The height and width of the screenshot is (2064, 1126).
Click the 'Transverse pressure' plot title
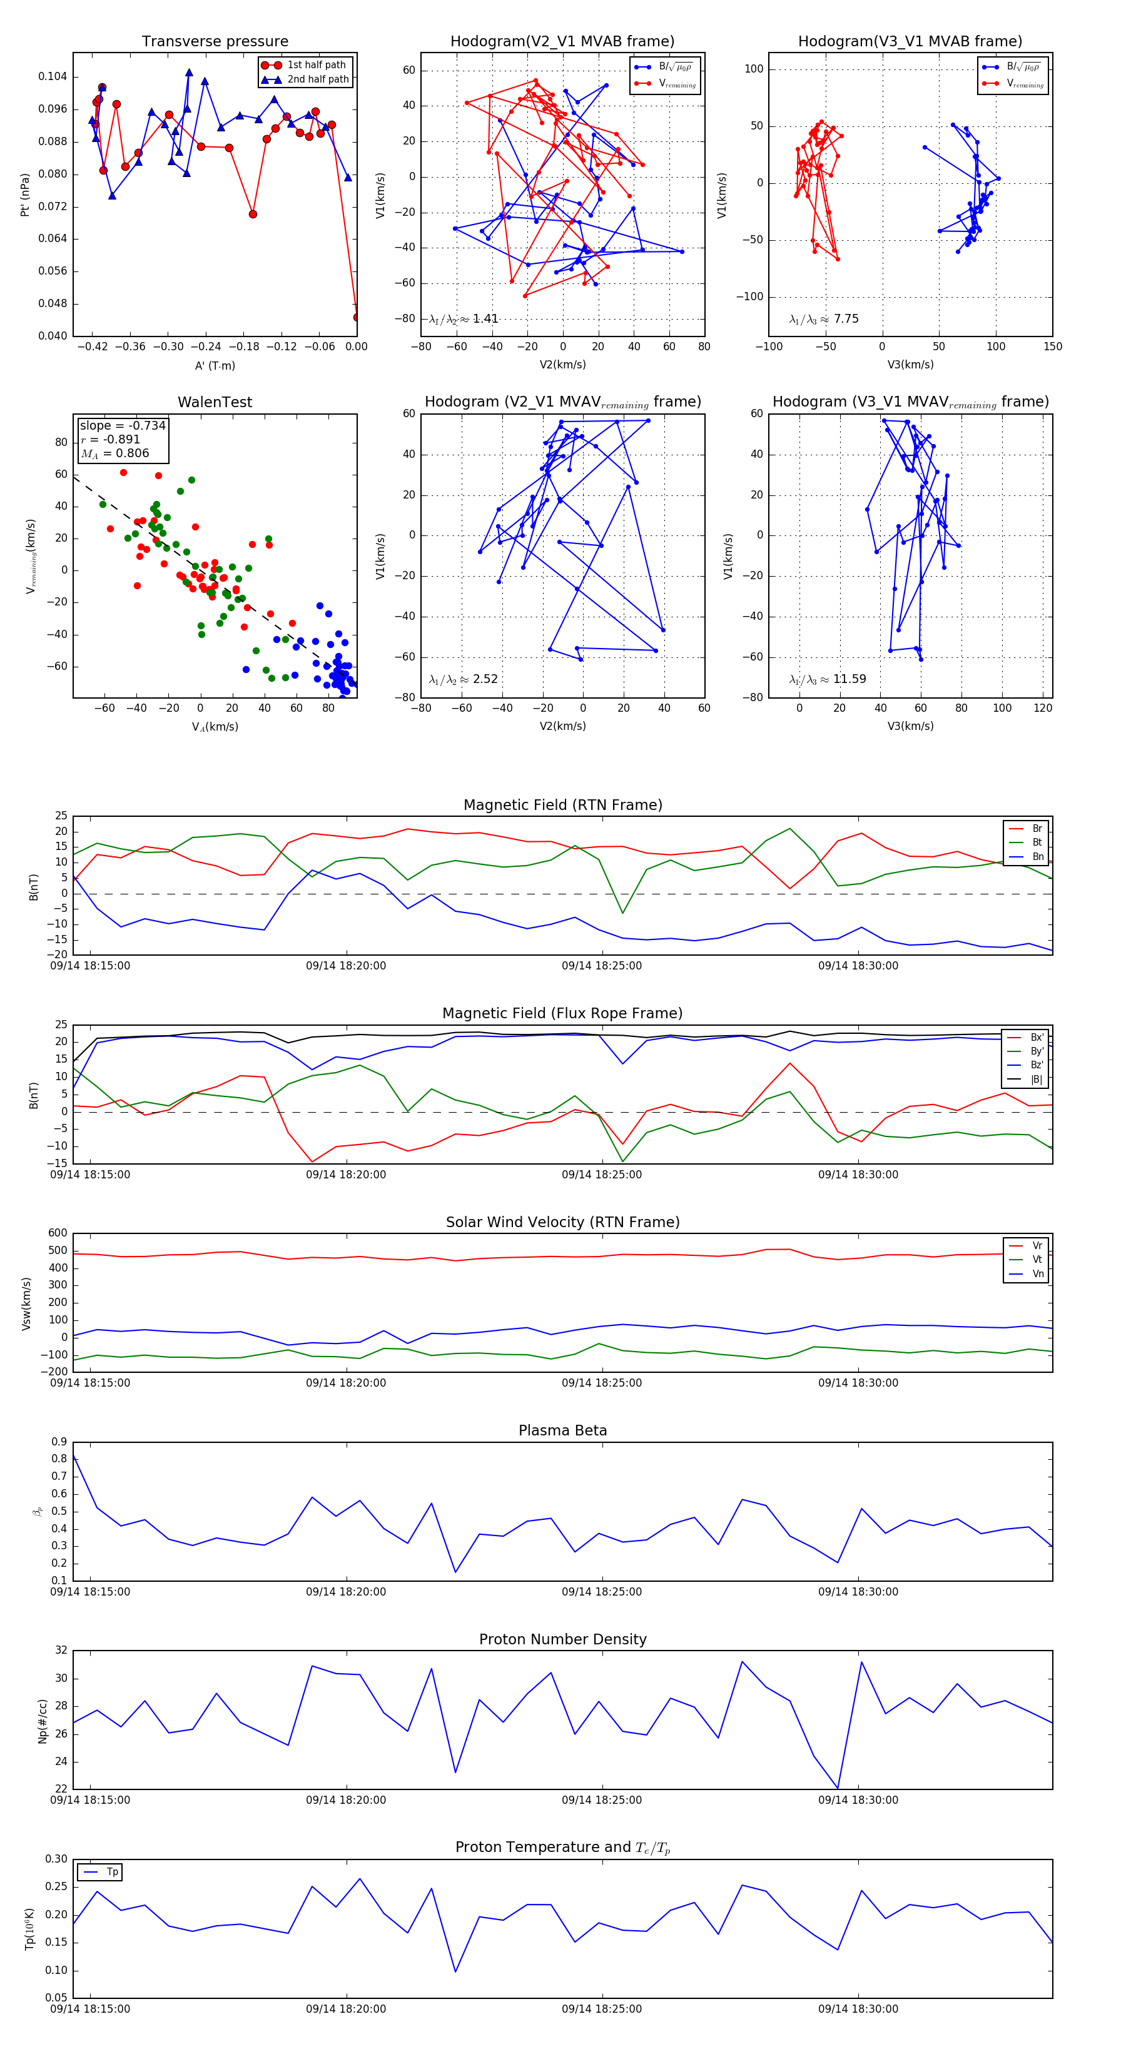215,42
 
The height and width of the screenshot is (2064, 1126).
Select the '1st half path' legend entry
316,65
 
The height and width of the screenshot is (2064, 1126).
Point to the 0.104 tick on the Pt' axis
53,77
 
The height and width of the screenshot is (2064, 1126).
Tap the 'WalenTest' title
215,402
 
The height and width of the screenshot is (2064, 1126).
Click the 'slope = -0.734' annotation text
123,425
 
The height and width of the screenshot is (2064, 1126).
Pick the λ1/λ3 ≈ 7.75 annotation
824,319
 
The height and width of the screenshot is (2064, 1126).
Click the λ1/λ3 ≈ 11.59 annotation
827,679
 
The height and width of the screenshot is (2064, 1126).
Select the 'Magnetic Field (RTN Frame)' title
562,805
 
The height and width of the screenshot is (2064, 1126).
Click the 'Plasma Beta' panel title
562,1431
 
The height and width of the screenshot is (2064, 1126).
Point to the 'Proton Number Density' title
562,1639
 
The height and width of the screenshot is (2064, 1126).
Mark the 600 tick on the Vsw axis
58,1233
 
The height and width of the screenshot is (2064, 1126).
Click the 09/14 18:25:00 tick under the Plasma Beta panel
601,1592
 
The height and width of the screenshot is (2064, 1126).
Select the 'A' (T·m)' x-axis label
215,366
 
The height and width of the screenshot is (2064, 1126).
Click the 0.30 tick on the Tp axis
56,1859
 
